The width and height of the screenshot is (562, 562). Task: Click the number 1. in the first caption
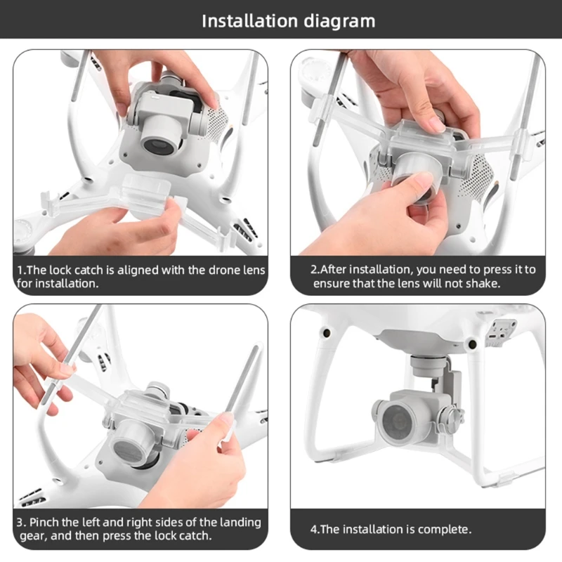click(x=22, y=270)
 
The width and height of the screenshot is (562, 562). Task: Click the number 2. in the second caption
click(x=315, y=269)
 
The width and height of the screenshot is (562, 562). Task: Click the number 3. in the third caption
click(x=22, y=523)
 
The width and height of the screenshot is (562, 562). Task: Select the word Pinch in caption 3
click(x=48, y=523)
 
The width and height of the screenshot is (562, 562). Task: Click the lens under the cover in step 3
click(x=134, y=445)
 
